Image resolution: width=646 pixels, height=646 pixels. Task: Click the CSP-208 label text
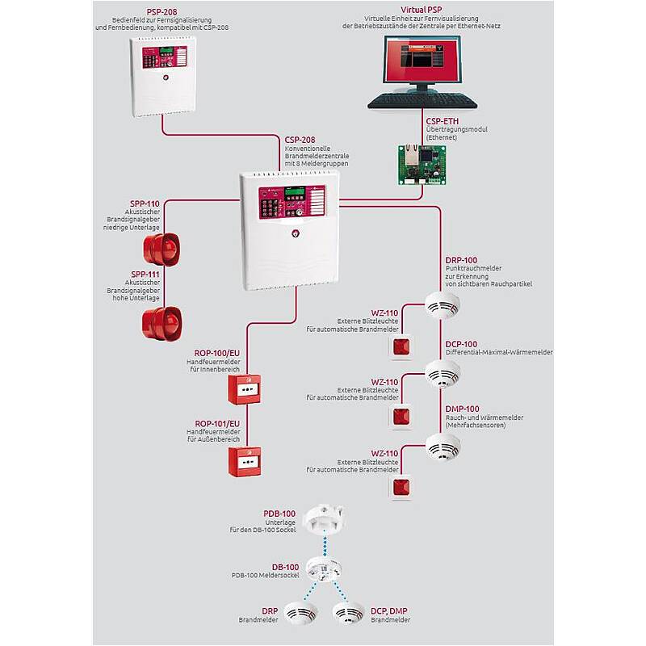300,139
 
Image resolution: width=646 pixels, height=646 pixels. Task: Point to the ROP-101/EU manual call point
244,462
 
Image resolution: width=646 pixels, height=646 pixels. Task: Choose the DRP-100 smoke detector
443,305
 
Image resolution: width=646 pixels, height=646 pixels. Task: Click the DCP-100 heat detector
443,372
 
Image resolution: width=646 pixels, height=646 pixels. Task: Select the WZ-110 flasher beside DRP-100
401,347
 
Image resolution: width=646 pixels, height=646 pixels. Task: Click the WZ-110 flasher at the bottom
401,486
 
